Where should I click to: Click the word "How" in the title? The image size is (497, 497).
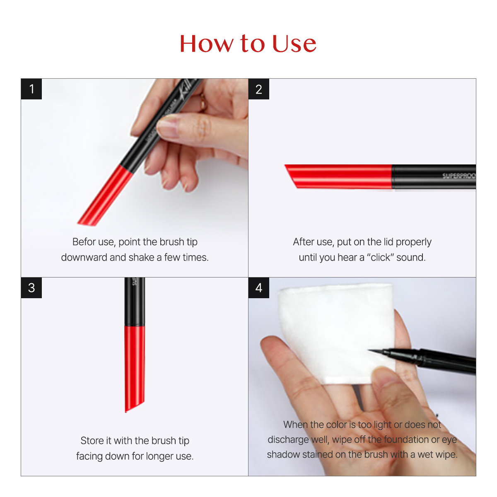(206, 44)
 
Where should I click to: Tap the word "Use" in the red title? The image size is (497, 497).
(294, 44)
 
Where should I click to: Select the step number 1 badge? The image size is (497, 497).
(31, 89)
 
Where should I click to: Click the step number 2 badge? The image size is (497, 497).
(259, 89)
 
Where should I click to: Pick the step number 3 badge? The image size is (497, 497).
(31, 288)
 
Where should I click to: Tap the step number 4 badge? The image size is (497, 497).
(259, 288)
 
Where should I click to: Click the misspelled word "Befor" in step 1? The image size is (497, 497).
(84, 242)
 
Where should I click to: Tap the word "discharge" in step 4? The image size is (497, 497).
(288, 439)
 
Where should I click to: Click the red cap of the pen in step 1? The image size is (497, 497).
(106, 195)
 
